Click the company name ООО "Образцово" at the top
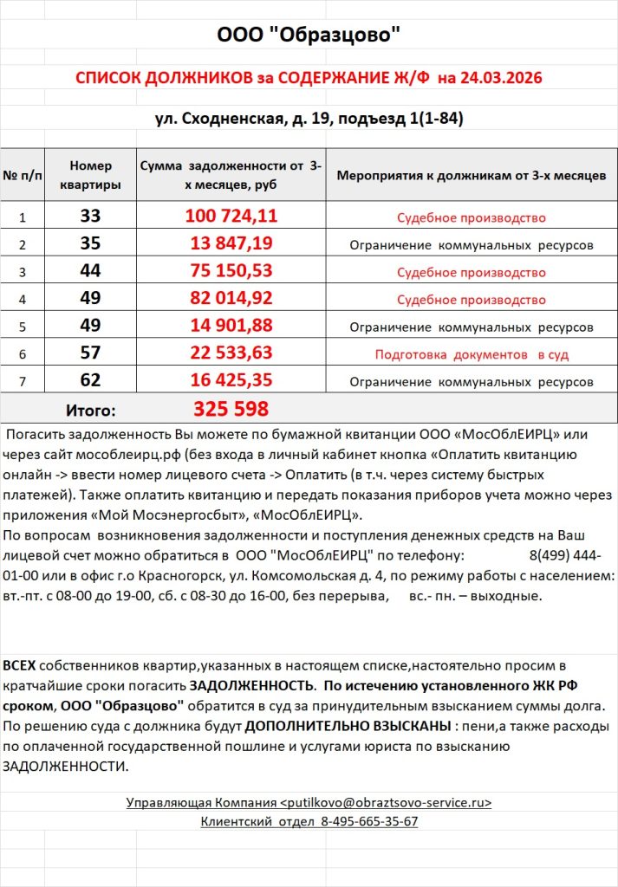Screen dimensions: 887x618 [309, 35]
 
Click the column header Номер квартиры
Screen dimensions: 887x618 [90, 175]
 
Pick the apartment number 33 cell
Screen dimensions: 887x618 [90, 217]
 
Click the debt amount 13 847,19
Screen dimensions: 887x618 [231, 244]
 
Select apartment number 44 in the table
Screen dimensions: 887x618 [90, 272]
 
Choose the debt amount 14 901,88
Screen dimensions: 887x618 [231, 327]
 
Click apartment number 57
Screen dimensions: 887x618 [90, 353]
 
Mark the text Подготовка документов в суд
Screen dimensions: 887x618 [471, 354]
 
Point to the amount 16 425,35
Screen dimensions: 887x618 [231, 381]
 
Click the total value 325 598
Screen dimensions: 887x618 [231, 409]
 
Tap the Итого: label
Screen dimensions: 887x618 [90, 410]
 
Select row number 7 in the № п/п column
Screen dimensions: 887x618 [23, 381]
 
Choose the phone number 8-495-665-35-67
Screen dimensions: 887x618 [369, 821]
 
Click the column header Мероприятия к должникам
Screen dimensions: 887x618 [471, 175]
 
